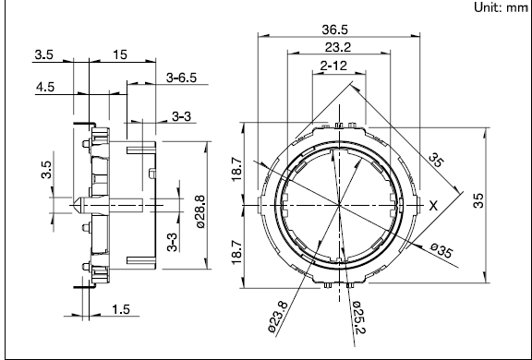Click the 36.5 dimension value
335,30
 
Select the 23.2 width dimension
338,47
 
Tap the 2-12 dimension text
333,66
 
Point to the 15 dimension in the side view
120,54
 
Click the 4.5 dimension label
45,87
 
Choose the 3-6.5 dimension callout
182,78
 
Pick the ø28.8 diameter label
200,212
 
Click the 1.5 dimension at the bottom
121,309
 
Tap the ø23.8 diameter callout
278,317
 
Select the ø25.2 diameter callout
358,318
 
